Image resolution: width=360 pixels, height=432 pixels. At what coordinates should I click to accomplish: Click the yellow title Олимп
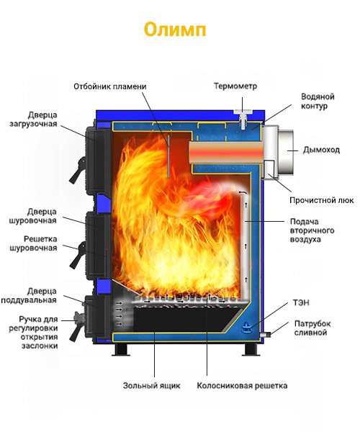175,30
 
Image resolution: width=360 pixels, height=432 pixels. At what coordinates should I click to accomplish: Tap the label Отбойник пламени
110,86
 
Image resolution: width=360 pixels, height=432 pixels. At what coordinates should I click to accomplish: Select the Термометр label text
235,86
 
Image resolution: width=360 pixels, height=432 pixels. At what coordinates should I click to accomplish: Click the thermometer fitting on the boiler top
243,119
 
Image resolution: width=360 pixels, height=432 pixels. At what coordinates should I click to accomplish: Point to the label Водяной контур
318,101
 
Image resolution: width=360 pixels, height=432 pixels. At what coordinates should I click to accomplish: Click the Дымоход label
321,150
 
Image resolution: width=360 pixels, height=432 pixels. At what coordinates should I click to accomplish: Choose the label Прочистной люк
321,200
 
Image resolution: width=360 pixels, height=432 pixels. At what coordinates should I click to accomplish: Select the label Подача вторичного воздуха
312,230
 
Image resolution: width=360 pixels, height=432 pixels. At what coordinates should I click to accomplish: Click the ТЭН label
301,303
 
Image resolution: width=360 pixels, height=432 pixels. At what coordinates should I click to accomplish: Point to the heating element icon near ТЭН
246,327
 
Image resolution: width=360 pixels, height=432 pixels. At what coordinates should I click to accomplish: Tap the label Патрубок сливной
312,328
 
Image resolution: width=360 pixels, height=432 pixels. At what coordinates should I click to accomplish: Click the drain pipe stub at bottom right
266,335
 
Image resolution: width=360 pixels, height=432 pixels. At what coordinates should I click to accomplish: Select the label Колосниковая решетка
242,385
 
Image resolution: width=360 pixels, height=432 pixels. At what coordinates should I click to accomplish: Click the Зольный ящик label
151,385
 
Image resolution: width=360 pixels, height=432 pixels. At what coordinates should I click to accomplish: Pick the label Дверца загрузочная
33,119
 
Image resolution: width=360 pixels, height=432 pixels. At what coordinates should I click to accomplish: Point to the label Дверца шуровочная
33,216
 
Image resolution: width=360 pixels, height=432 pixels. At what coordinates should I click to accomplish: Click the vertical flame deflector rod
168,156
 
